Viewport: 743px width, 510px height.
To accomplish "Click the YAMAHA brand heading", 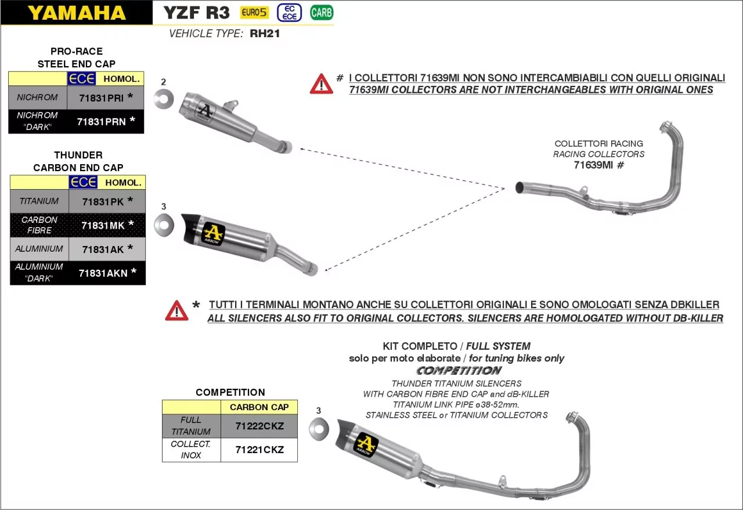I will click(x=77, y=13).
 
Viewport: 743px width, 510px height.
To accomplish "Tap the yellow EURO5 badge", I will click(x=254, y=12).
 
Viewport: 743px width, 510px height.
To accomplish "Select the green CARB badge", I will click(x=322, y=12).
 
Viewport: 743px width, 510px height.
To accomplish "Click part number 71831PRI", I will click(x=102, y=98).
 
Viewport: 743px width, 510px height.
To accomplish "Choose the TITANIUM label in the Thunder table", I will click(x=39, y=201).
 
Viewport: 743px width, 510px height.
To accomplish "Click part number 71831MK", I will click(x=103, y=225).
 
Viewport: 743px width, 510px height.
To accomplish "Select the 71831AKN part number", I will click(x=103, y=273).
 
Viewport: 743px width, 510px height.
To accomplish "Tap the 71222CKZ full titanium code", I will click(x=259, y=426).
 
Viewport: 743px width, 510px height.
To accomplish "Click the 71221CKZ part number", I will click(x=259, y=450).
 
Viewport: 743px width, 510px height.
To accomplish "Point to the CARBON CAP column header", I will click(x=259, y=407).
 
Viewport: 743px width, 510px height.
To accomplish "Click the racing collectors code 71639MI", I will click(x=593, y=165).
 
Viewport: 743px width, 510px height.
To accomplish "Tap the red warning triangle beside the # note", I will click(x=321, y=84).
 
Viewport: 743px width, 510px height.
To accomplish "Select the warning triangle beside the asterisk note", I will click(x=176, y=311).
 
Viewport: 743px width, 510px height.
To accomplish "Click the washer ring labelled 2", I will click(x=164, y=99).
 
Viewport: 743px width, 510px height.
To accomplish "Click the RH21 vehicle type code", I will click(x=265, y=34).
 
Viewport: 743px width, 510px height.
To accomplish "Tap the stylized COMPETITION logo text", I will click(x=459, y=370).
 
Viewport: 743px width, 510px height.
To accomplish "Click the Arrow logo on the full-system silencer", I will click(x=366, y=444).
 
